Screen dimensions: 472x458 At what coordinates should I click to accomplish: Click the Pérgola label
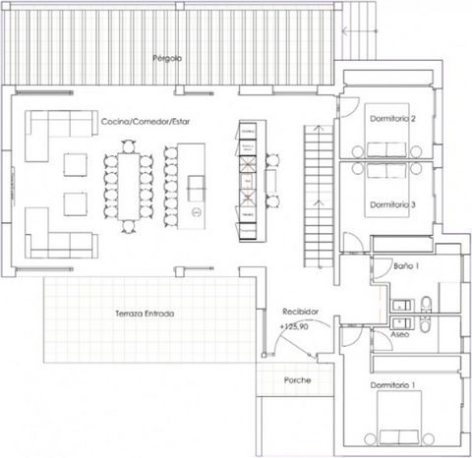coord(167,59)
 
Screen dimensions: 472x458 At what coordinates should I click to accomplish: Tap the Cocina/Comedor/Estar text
coord(146,122)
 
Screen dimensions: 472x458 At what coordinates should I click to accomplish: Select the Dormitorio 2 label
coord(392,119)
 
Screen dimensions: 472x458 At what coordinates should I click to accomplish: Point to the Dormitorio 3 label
coord(392,204)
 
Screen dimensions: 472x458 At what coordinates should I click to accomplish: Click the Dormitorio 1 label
coord(392,385)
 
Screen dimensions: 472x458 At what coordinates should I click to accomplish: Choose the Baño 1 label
coord(406,266)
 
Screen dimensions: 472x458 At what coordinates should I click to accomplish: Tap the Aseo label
coord(400,334)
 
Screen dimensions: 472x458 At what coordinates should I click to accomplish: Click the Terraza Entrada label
coord(145,314)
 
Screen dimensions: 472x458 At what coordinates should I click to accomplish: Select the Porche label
coord(297,380)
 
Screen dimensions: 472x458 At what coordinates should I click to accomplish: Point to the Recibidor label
coord(300,312)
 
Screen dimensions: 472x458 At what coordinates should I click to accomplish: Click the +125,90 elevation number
coord(294,326)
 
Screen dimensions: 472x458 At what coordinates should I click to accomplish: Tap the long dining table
coord(129,187)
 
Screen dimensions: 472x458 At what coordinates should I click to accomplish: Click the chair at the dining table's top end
coord(129,146)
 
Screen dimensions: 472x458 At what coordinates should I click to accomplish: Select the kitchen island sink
coord(197,189)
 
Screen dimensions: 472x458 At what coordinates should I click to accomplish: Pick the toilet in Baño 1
coord(426,305)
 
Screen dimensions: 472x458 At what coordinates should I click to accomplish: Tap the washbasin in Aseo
coord(402,323)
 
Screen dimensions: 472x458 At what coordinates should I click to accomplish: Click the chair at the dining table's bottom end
coord(129,226)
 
